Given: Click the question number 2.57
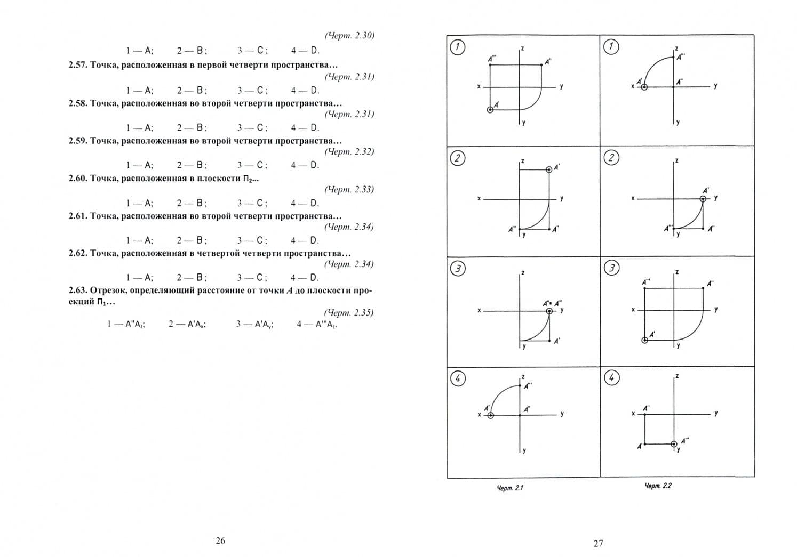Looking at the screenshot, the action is click(x=77, y=65).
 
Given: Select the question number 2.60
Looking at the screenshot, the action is click(x=77, y=178).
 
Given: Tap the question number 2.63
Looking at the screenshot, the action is click(x=77, y=290).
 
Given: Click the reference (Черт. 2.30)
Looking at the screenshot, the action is click(x=349, y=36).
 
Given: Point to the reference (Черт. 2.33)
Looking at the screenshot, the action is click(x=349, y=189).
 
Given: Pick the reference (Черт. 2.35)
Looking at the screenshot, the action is click(x=349, y=313).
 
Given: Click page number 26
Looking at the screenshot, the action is click(x=220, y=540).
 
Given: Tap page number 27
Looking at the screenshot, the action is click(x=598, y=543).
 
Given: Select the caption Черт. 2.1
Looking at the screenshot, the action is click(x=510, y=488).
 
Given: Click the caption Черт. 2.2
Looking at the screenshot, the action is click(x=658, y=486).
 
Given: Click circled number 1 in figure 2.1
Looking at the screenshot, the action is click(x=458, y=47).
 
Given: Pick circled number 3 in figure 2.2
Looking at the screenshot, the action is click(x=612, y=268).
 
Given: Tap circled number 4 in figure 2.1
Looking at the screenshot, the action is click(x=458, y=378).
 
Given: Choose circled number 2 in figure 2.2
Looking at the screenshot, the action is click(x=611, y=158).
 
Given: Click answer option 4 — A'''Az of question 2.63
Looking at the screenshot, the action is click(x=317, y=324).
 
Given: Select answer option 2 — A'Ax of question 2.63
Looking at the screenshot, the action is click(x=187, y=324).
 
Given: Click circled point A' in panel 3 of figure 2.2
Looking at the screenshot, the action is click(x=644, y=340).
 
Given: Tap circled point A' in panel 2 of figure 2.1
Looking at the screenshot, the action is click(x=549, y=170).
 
